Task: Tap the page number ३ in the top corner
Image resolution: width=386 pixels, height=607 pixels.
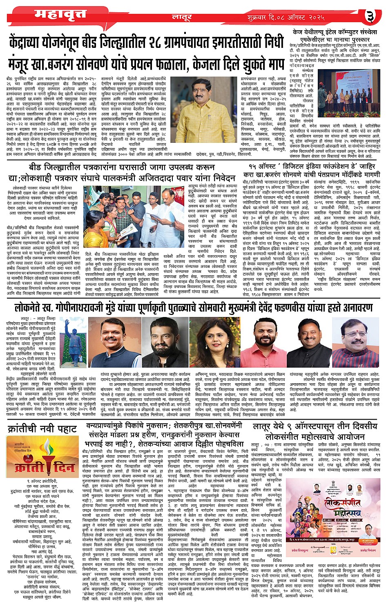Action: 370,16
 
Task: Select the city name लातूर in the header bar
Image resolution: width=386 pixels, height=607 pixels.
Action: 182,18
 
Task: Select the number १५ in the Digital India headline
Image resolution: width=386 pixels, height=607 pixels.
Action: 255,166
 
